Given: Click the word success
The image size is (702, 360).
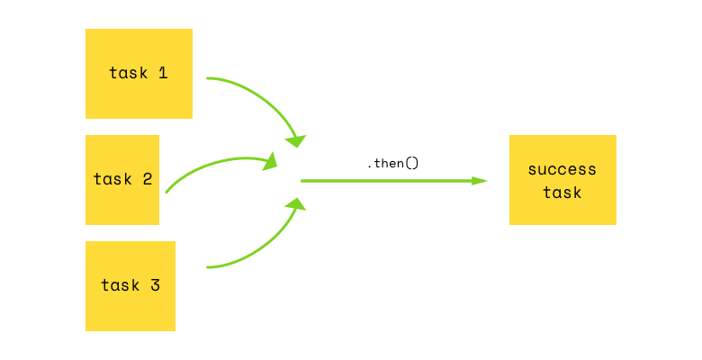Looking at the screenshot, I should tap(562, 169).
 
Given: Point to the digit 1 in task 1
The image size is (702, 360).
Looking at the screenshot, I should tap(163, 73).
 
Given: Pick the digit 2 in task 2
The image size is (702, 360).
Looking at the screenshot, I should tap(147, 179).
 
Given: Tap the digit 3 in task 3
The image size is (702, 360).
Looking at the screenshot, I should tap(155, 285).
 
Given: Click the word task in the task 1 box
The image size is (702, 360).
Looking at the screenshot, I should tap(128, 73).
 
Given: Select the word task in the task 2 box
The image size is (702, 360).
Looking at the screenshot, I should tap(112, 179).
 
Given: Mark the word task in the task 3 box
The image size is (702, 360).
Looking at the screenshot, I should tap(120, 285).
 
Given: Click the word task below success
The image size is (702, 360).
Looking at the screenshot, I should tap(562, 193).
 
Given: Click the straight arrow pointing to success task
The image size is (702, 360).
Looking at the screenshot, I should tap(387, 181).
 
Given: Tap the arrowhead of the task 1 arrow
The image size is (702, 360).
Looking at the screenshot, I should tap(296, 140).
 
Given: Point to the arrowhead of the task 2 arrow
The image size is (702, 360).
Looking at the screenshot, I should tap(270, 162).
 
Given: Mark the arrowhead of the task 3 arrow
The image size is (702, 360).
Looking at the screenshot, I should tap(295, 204).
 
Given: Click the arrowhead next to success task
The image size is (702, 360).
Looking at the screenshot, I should tap(480, 181).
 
